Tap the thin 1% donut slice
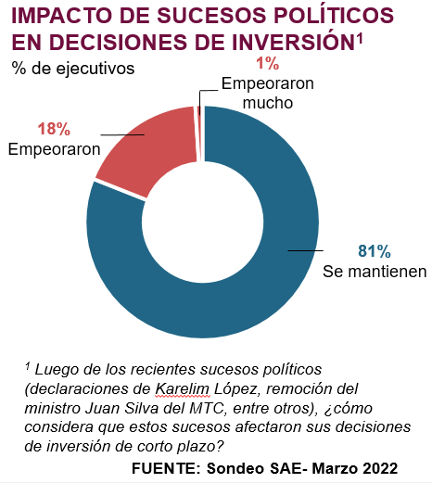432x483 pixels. pyautogui.click(x=200, y=133)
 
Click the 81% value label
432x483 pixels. pyautogui.click(x=375, y=251)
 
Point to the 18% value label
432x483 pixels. pyautogui.click(x=54, y=129)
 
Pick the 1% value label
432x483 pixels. pyautogui.click(x=268, y=63)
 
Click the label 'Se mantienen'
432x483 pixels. pyautogui.click(x=375, y=272)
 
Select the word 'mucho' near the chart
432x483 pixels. pyautogui.click(x=268, y=103)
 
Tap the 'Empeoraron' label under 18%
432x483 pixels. pyautogui.click(x=55, y=149)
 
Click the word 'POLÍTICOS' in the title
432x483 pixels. pyautogui.click(x=334, y=16)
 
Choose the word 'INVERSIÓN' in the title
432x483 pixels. pyautogui.click(x=293, y=42)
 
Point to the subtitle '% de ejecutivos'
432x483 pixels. pyautogui.click(x=73, y=68)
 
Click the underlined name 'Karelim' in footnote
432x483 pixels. pyautogui.click(x=183, y=389)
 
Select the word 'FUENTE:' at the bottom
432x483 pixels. pyautogui.click(x=166, y=468)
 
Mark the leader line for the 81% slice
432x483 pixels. pyautogui.click(x=306, y=250)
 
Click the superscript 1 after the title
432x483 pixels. pyautogui.click(x=359, y=39)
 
